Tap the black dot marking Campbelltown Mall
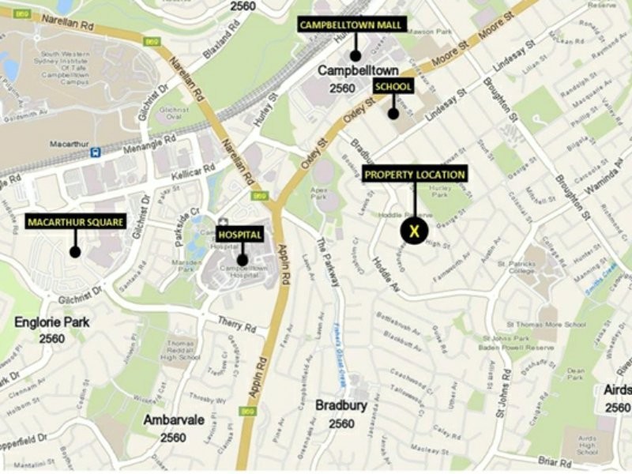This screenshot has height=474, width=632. pos(355,55)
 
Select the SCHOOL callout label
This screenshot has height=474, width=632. pos(393,86)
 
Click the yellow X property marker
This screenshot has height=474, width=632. pos(413,231)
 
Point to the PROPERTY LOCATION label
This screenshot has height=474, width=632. pos(415,175)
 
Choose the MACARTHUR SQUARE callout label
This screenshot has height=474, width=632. pos(75,222)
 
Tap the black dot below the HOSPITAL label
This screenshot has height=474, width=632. pos(242,259)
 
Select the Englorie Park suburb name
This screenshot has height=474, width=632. pos(51,322)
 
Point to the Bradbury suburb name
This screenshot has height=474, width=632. pos(341,406)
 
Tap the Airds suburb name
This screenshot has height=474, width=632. pos(617,391)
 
